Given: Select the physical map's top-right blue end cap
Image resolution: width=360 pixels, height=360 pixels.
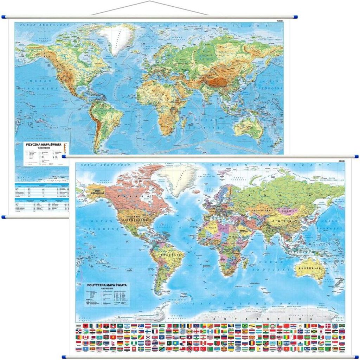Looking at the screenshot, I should [x=295, y=17].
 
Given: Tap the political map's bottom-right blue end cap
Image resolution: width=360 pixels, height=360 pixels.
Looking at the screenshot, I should [x=356, y=356].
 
